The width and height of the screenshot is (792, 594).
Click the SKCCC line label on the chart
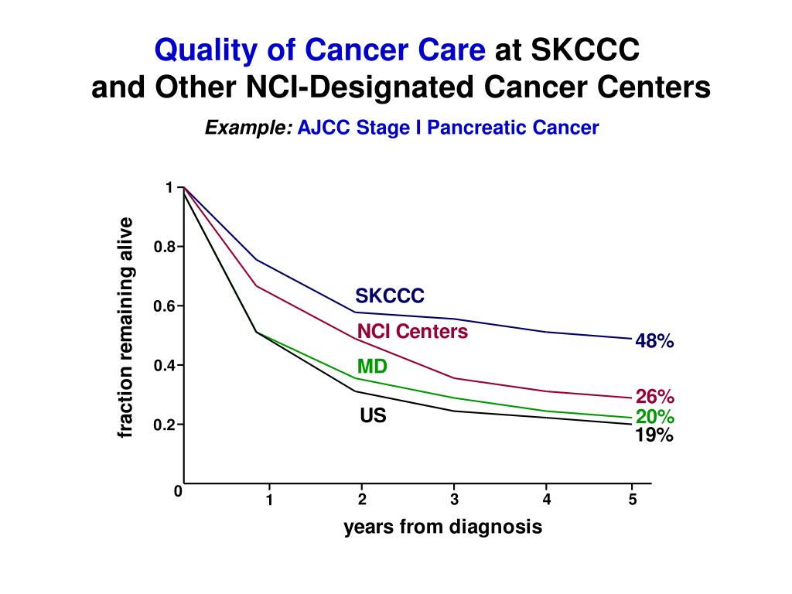coord(390,296)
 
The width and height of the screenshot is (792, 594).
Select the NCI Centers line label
coord(412,332)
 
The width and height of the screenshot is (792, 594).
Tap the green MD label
coord(372,367)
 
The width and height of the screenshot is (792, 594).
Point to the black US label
coord(373,416)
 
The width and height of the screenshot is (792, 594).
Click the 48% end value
coord(654,341)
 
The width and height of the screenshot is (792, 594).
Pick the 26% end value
coord(655,398)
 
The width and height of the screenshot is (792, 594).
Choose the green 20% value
coord(655,418)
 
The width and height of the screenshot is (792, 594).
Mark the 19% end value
coord(654,435)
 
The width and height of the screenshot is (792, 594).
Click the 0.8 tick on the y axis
coord(164,247)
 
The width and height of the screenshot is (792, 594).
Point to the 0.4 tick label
coord(164,365)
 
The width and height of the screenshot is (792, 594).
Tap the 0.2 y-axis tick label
coord(164,425)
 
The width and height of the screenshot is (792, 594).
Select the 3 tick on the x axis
coord(454,500)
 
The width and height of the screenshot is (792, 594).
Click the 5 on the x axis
coord(632,500)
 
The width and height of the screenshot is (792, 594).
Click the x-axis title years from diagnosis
coord(442,527)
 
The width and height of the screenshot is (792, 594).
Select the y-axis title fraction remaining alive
coord(126,328)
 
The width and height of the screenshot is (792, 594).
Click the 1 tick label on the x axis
coord(269,500)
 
